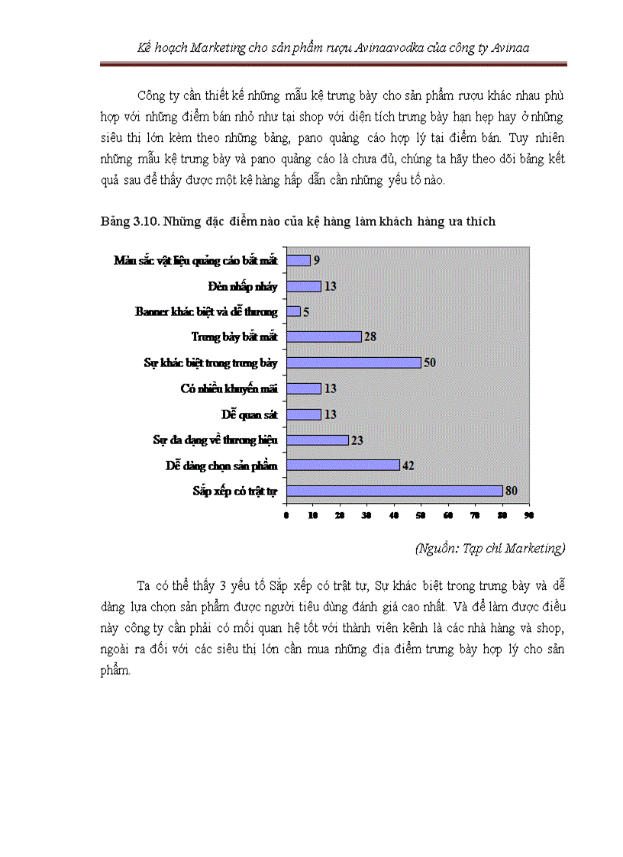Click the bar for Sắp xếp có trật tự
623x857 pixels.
tap(394, 491)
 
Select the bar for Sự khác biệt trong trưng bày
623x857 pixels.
tap(353, 362)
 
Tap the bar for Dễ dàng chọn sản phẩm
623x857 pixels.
tap(343, 465)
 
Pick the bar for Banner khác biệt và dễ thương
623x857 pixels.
tap(293, 311)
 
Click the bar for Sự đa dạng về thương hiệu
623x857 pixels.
tap(317, 440)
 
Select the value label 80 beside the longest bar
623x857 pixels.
tap(511, 491)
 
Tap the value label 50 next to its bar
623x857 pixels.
tap(429, 362)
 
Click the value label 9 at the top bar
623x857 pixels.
tap(316, 260)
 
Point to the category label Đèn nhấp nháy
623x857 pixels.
tap(242, 286)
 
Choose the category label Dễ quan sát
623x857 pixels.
tap(249, 414)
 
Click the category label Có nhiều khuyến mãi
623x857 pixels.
tap(228, 388)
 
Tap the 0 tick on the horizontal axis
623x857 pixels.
tap(286, 517)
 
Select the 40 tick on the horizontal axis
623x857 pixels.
tap(394, 517)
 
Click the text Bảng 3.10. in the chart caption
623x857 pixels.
tap(127, 221)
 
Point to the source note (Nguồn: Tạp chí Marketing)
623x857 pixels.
tap(489, 548)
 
